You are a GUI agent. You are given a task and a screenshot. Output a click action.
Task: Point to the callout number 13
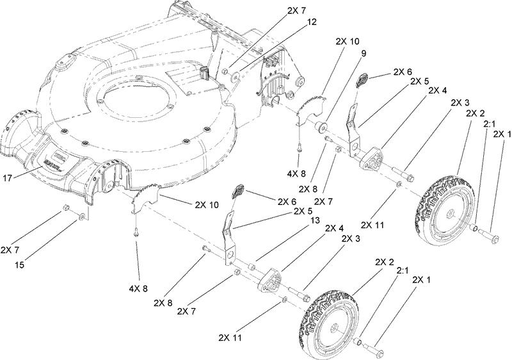(x=314, y=220)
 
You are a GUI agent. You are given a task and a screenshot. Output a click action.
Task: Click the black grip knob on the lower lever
(x=242, y=190)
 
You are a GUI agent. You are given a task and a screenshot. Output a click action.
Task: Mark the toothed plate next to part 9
(x=312, y=104)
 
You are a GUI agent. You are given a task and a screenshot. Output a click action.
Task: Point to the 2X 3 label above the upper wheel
(x=459, y=102)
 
